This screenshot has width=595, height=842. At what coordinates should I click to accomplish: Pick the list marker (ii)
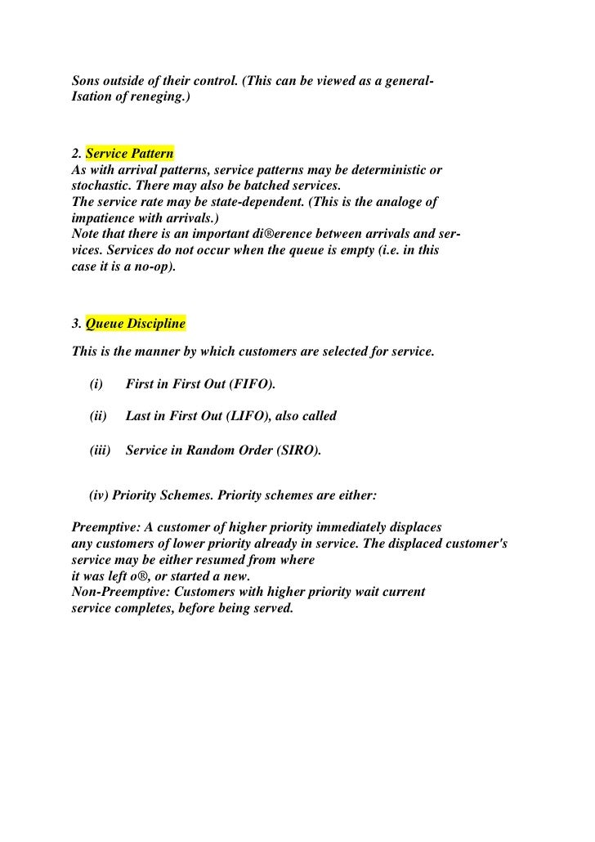pyautogui.click(x=98, y=416)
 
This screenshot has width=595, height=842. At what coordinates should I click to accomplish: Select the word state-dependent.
pyautogui.click(x=235, y=201)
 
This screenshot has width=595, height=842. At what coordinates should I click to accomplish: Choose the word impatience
pyautogui.click(x=102, y=217)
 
